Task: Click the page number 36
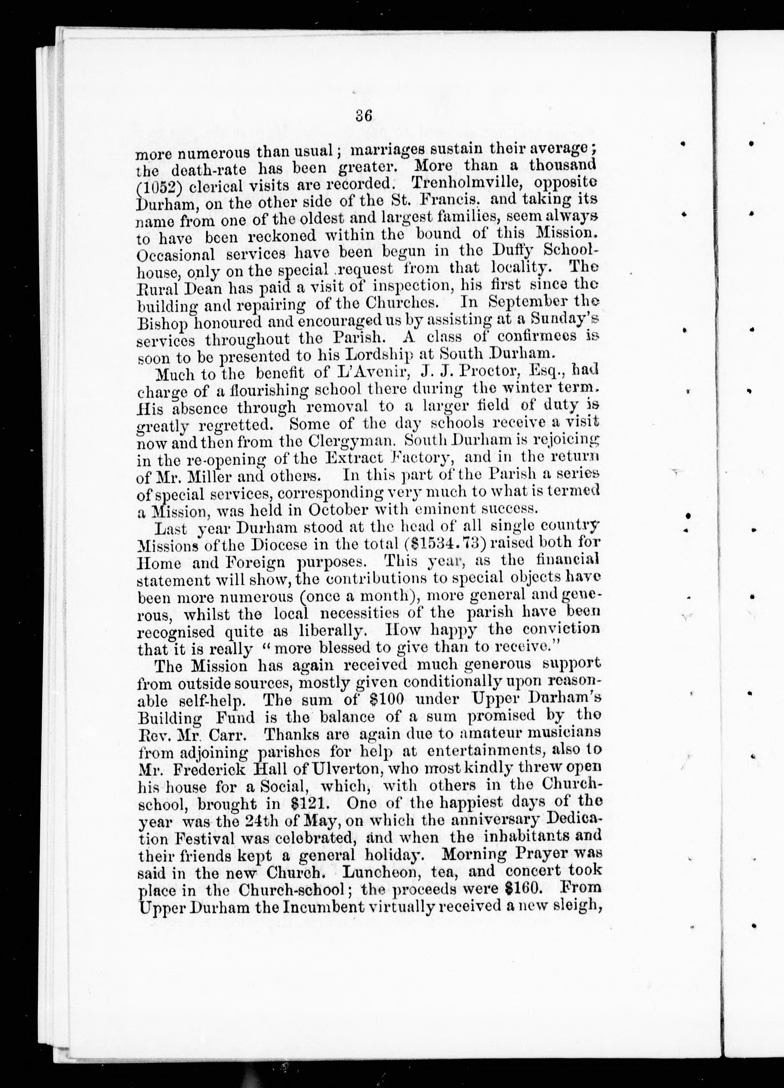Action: [364, 116]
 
